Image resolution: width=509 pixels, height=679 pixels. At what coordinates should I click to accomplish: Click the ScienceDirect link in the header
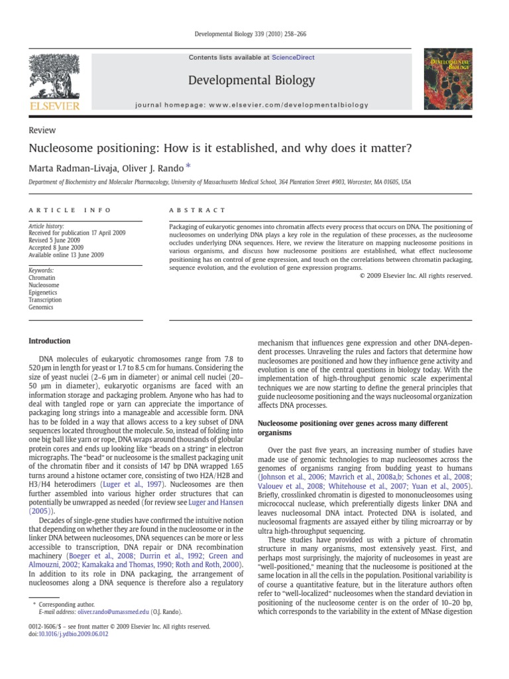coord(293,58)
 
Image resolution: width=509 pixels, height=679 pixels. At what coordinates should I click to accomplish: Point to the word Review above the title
coord(42,131)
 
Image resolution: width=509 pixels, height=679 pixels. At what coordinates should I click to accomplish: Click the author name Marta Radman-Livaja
coord(72,166)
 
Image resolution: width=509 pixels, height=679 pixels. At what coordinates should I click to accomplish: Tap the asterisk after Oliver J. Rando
coord(188,166)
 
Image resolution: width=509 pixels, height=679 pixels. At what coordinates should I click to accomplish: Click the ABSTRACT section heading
coord(198,210)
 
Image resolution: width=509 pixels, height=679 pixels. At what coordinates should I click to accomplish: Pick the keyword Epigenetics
coord(43,292)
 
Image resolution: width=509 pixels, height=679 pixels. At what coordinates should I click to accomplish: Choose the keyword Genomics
coord(41,307)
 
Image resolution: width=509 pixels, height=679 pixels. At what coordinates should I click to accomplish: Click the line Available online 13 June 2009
coord(66,255)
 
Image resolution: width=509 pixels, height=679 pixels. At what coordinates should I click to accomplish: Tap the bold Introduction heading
coord(49,341)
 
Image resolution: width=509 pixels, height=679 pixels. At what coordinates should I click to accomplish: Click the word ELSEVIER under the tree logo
coord(53,106)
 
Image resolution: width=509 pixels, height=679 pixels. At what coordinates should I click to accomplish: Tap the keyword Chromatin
coord(42,277)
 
